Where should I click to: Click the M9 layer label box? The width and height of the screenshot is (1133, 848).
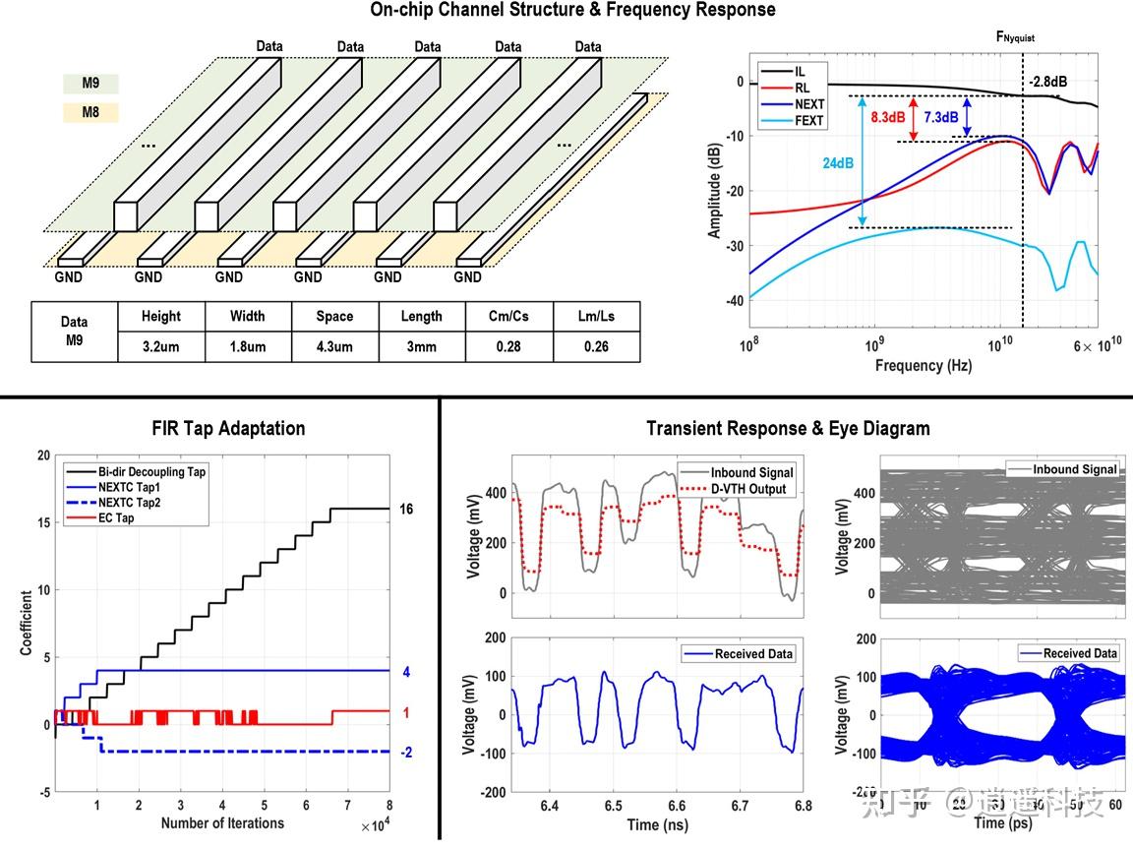click(x=90, y=84)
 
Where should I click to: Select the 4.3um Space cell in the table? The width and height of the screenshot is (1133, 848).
click(x=334, y=347)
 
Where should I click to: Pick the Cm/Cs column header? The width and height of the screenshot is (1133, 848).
click(x=508, y=317)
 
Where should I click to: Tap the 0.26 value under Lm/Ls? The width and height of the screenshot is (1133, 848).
click(x=596, y=347)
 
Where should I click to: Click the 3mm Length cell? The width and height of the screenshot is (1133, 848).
click(x=421, y=347)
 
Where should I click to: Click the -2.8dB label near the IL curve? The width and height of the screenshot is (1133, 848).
click(x=1046, y=82)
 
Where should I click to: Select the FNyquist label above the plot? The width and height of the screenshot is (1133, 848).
click(x=1015, y=36)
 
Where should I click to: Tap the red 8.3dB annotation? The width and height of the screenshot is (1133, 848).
click(x=888, y=117)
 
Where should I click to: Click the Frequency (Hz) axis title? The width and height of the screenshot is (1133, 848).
click(x=923, y=366)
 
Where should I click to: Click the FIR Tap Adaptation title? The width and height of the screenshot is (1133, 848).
click(x=228, y=428)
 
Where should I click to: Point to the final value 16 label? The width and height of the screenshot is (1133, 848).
click(x=407, y=510)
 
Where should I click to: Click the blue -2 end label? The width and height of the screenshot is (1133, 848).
click(x=407, y=753)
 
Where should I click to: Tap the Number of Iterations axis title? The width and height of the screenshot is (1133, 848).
click(x=222, y=823)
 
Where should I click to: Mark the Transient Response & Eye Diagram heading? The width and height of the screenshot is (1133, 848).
click(x=788, y=428)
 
